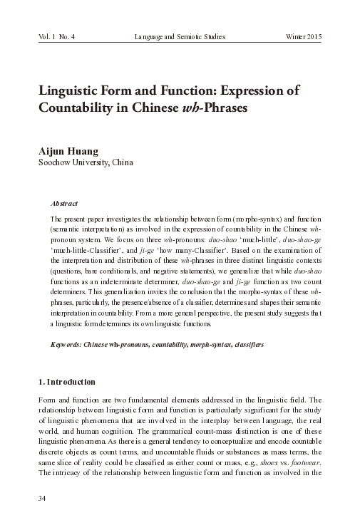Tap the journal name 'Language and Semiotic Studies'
(178, 35)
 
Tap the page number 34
(42, 498)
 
